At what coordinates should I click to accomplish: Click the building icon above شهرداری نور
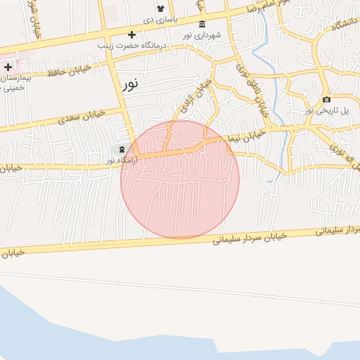click(202, 25)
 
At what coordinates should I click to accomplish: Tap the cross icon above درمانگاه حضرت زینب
click(131, 34)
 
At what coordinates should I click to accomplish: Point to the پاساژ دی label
click(160, 19)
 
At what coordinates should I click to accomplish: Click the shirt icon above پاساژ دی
click(160, 8)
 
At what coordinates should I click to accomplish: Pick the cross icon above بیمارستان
click(8, 67)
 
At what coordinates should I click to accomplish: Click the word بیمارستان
click(12, 78)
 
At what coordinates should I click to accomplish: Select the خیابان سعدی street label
click(82, 113)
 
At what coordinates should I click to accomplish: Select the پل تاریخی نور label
click(326, 111)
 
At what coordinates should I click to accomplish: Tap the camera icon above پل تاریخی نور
click(326, 100)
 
